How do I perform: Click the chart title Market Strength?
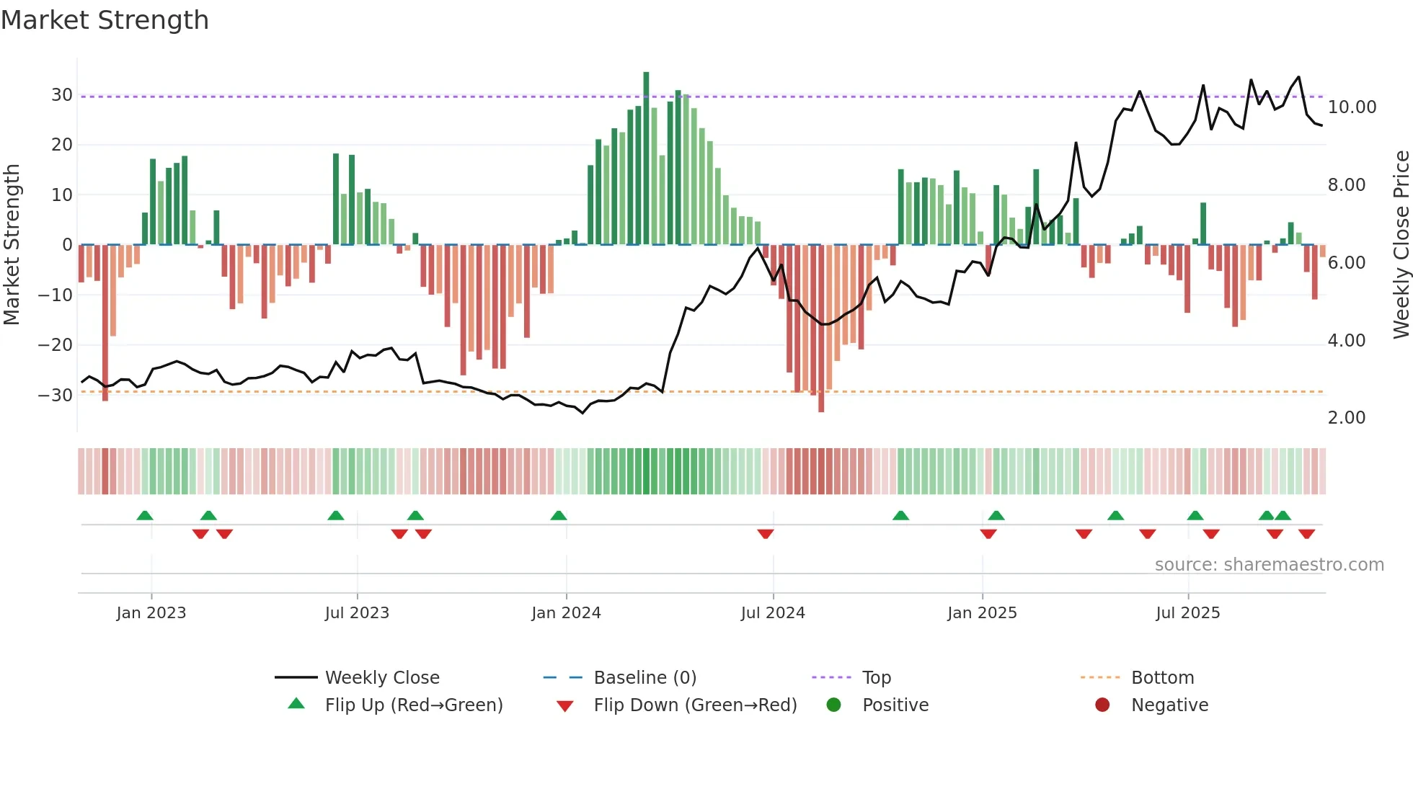105,20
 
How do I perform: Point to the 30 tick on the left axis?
62,95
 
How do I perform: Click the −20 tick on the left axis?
56,345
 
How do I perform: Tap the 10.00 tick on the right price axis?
1352,107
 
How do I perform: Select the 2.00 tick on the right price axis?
1346,418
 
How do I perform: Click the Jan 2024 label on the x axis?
566,613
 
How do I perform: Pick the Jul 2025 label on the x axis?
1187,613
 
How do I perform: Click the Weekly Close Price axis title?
1401,245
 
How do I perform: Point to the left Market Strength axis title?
12,245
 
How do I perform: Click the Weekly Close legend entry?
381,678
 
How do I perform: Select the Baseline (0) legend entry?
645,678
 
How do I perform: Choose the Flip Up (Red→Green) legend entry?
413,705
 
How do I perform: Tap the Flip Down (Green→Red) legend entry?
695,705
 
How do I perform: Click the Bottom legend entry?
1162,678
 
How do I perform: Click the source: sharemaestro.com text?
1269,565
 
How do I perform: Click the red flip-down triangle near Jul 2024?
766,534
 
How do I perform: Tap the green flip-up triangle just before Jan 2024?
559,515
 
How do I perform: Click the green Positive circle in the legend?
834,705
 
